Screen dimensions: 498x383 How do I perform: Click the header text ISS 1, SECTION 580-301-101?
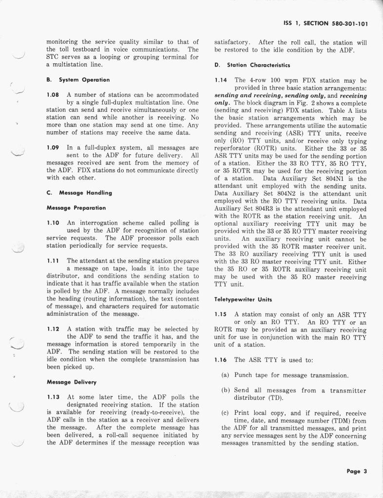click(325, 22)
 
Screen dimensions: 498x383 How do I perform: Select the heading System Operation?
click(78, 80)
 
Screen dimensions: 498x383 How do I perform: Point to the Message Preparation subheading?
click(76, 208)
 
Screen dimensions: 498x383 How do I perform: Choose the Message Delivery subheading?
click(72, 382)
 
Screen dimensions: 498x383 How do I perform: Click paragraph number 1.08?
click(53, 95)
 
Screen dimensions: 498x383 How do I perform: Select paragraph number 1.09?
click(53, 147)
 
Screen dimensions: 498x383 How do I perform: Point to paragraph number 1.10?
click(53, 223)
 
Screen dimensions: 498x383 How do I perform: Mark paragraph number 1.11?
click(53, 261)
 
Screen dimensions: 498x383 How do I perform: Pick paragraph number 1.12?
click(53, 329)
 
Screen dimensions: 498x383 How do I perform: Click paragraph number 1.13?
click(53, 397)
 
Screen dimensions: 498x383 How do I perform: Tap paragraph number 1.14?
click(221, 80)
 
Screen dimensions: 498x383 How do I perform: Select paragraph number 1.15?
click(221, 315)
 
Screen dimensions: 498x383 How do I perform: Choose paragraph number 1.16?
click(221, 360)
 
